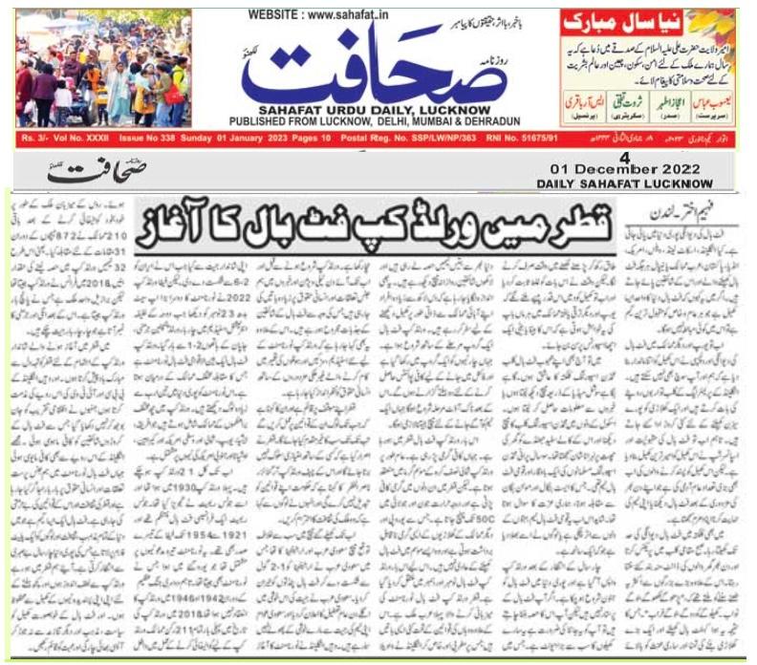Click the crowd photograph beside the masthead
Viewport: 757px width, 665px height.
(x=103, y=68)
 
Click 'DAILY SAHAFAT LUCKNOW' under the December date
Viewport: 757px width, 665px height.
(x=653, y=182)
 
